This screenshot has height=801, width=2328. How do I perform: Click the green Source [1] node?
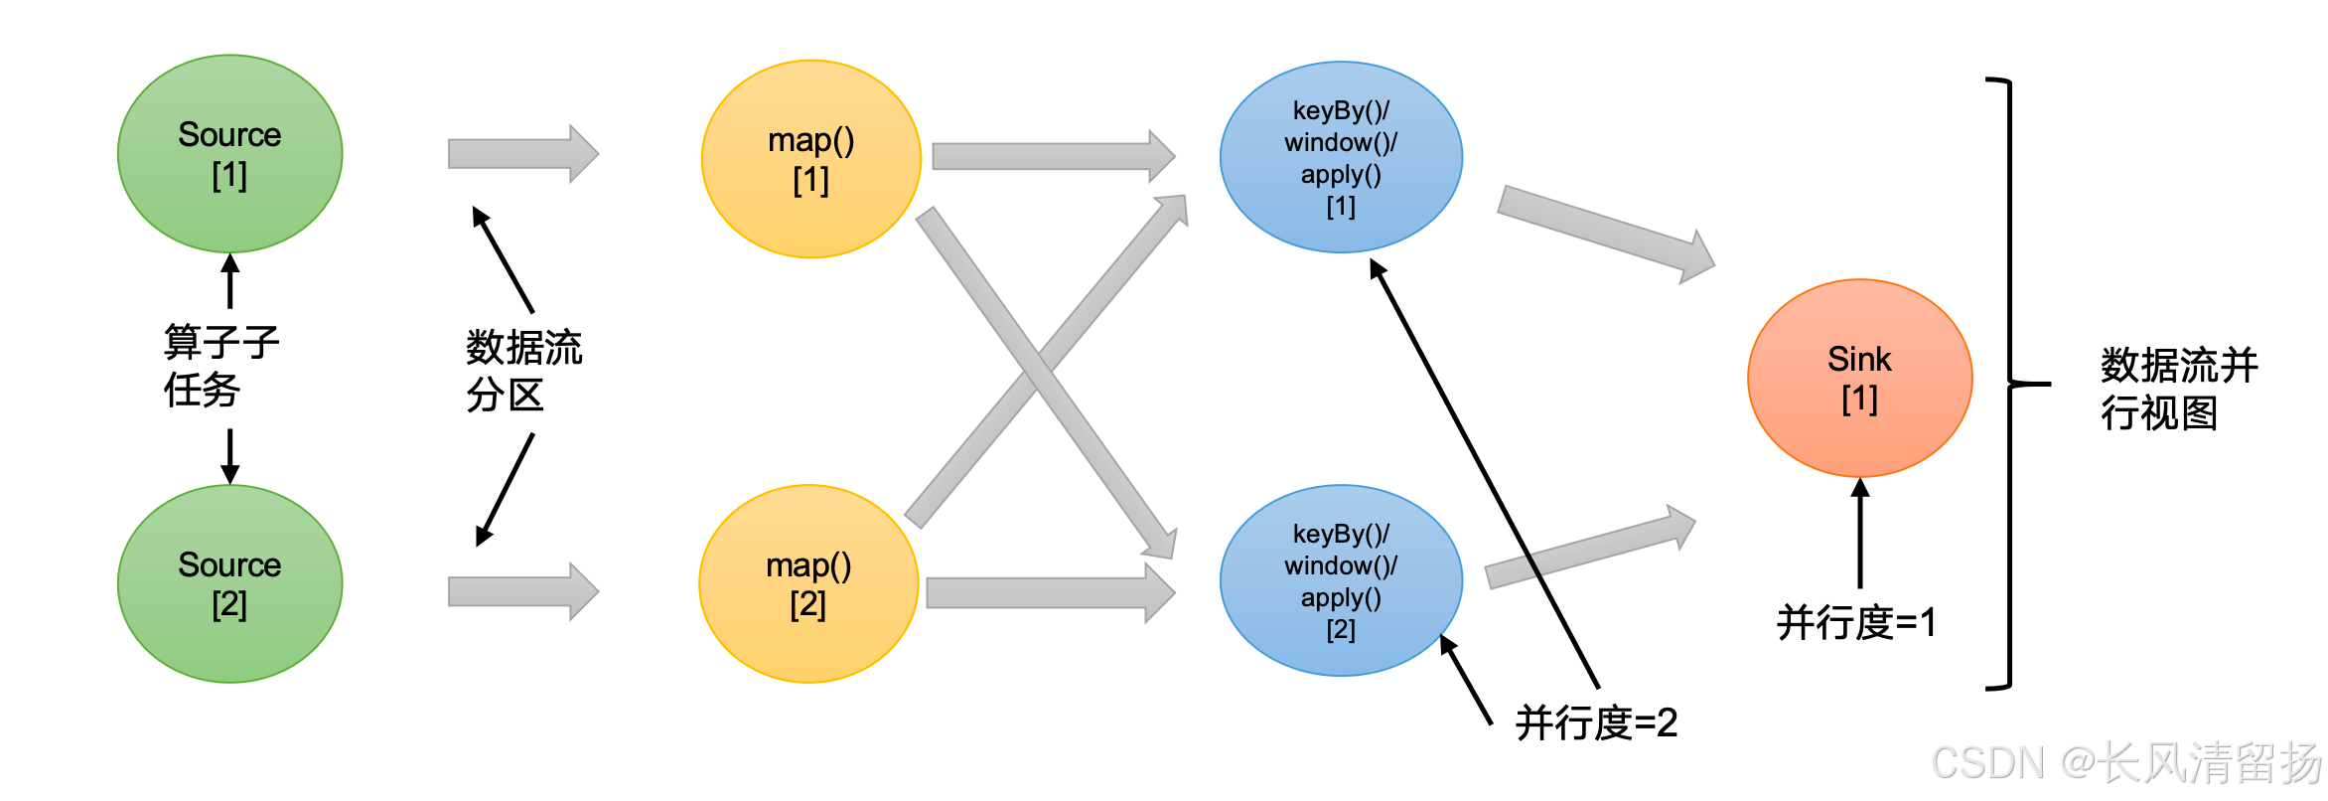(229, 154)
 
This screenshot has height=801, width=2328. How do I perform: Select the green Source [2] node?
(229, 583)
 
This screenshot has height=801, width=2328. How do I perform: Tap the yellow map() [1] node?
(810, 159)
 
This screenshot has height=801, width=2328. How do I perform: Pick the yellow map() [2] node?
(808, 583)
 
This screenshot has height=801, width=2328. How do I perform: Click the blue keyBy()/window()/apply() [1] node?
(1341, 157)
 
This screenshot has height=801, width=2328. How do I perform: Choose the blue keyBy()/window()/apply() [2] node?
(1341, 580)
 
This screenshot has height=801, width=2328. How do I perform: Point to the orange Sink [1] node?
(1859, 378)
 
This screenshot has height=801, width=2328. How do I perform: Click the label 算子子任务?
(220, 366)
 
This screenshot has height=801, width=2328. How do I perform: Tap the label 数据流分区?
(523, 371)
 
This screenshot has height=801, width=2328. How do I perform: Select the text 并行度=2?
(1596, 722)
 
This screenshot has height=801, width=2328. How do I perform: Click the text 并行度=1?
(1855, 623)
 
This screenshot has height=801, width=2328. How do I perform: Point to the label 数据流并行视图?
(2179, 389)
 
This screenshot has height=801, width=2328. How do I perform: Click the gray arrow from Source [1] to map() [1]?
(522, 154)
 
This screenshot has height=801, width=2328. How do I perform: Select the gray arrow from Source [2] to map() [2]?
(522, 591)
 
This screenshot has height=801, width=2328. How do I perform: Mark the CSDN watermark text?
(2125, 763)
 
